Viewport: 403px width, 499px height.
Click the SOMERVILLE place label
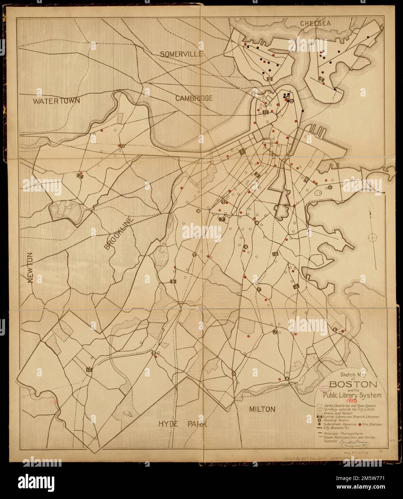182,54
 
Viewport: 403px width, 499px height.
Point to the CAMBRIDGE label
194,98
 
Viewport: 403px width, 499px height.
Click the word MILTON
262,409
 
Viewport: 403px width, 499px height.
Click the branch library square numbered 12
89,369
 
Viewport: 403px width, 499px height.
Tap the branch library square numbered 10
275,254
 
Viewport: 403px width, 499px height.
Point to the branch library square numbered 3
270,79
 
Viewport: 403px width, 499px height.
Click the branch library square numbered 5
321,79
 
